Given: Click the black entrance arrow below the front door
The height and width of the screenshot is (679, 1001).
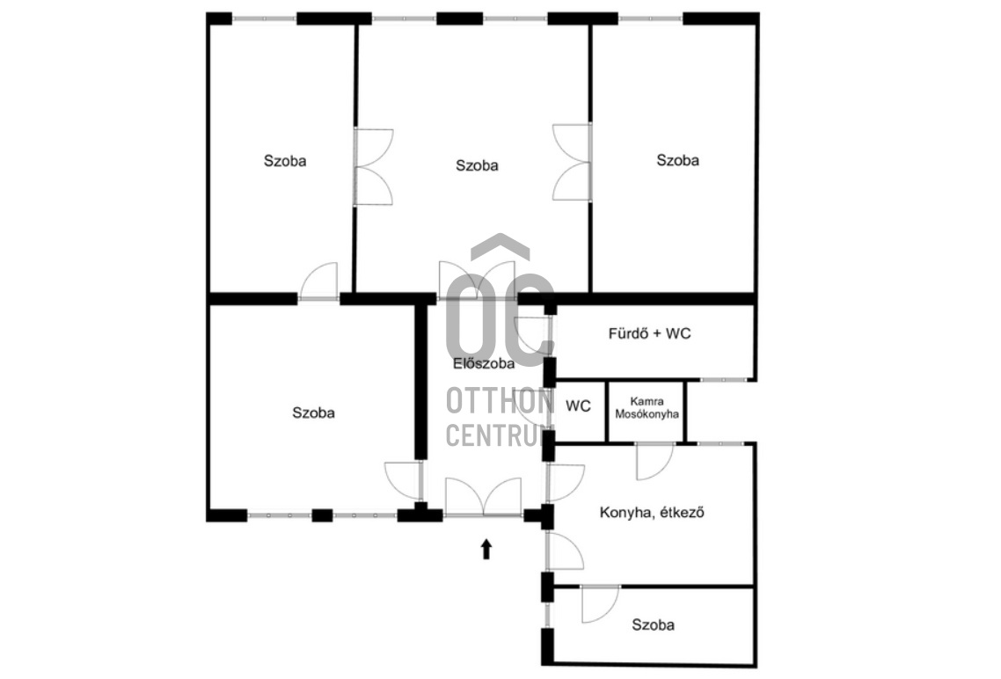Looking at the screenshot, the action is [486, 549].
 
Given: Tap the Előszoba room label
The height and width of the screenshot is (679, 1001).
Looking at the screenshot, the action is [484, 364].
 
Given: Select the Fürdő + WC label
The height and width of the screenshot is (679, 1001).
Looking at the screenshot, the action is [649, 333].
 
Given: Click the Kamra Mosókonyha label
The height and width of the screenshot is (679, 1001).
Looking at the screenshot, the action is [647, 408].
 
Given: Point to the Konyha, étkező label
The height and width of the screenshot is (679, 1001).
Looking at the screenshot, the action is [652, 513].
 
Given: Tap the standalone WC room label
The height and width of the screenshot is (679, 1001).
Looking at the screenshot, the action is [579, 405].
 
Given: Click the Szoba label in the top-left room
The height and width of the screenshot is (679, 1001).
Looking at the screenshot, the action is [285, 161].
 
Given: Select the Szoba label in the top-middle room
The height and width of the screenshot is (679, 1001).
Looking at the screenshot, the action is [477, 166].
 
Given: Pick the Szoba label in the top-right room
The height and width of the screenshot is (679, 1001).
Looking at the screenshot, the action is [677, 161].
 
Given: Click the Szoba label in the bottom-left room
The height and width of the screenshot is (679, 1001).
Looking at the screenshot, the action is [313, 413].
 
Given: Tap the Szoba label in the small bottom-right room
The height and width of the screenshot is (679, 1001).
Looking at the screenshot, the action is [653, 624].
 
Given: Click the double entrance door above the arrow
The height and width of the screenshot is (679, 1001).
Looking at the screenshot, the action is [483, 496].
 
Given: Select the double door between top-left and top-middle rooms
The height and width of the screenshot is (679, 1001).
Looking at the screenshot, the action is [374, 167].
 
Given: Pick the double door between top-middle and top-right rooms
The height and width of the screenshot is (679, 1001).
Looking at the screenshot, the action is [572, 163].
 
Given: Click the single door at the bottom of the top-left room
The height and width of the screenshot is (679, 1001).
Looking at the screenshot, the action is [318, 281].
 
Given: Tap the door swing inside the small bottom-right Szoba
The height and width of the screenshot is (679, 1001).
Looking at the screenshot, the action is [600, 603].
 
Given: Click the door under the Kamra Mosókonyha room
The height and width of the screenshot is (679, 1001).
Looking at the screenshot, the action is [655, 461].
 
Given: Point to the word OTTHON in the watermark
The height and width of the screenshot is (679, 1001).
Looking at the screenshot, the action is [500, 401].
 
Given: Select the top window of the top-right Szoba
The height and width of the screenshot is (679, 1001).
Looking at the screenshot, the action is [651, 18].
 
